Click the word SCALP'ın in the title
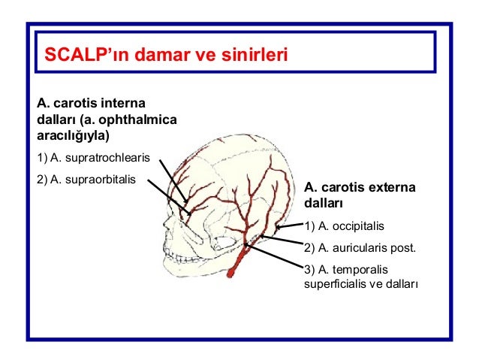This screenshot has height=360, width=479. tap(77, 56)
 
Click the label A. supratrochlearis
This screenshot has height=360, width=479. tap(94, 158)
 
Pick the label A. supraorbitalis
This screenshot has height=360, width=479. tap(88, 180)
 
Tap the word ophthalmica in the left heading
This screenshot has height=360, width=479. tap(143, 119)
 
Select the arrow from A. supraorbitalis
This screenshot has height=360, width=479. tap(170, 198)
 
